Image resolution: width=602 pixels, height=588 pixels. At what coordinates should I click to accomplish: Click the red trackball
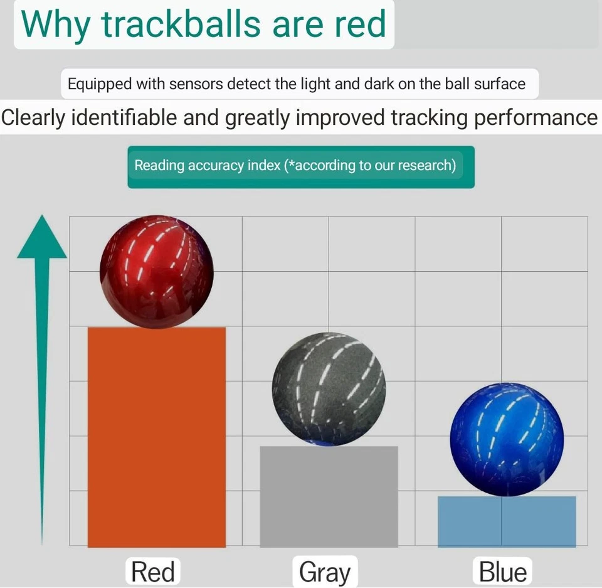(157, 272)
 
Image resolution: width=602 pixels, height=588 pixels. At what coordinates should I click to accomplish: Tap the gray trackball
(329, 389)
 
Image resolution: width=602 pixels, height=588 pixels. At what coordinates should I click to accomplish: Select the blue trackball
(507, 439)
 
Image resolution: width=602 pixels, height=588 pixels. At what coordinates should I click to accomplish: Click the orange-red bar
(157, 437)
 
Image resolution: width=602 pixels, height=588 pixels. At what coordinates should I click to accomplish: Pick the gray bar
(329, 496)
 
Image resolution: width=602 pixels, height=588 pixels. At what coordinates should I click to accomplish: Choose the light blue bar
(507, 521)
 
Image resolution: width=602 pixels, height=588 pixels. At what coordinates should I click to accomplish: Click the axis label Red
(153, 572)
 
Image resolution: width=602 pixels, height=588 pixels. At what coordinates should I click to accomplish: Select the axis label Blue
(503, 572)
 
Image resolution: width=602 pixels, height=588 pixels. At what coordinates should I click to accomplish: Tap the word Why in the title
(55, 25)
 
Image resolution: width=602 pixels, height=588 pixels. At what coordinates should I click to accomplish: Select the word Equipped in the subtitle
(100, 84)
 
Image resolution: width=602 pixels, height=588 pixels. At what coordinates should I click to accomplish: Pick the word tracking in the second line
(429, 118)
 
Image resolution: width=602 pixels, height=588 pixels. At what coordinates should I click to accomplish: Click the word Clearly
(33, 118)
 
